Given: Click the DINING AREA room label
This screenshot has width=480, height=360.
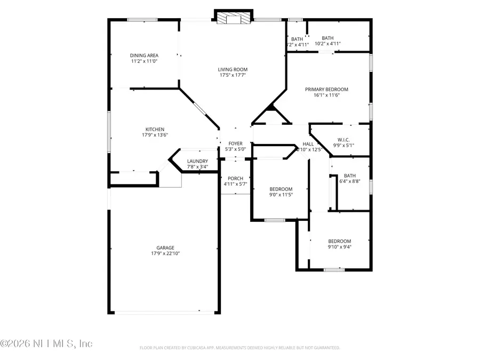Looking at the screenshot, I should click(144, 55).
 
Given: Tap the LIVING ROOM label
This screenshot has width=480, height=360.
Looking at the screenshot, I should click(233, 69).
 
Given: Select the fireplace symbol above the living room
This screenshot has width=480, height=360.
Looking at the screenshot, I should click(233, 19).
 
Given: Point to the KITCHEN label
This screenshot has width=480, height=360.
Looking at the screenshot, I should click(155, 129).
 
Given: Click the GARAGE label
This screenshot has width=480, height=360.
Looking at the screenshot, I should click(165, 247).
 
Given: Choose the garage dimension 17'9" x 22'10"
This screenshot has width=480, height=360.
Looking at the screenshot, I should click(165, 254).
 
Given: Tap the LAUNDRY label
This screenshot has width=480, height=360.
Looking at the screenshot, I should click(197, 161).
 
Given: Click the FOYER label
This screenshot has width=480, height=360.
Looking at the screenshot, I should click(235, 143).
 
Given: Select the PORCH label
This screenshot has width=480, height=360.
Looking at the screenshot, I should click(235, 178).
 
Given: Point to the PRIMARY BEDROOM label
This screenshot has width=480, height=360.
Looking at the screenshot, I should click(326, 89).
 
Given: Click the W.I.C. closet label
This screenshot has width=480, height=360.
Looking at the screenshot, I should click(343, 140).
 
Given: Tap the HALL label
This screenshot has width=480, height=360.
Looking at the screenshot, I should click(308, 143).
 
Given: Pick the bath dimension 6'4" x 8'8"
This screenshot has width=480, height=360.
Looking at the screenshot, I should click(350, 182).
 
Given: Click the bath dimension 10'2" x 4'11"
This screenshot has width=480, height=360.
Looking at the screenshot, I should click(327, 44).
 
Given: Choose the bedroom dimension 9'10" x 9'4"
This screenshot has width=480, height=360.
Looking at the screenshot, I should click(339, 247).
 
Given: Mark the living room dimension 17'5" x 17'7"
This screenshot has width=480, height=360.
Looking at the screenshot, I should click(233, 76).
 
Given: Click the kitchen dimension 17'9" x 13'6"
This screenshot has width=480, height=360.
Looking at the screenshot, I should click(155, 135).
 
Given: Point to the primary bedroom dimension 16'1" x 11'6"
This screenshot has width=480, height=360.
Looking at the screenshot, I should click(326, 95).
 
